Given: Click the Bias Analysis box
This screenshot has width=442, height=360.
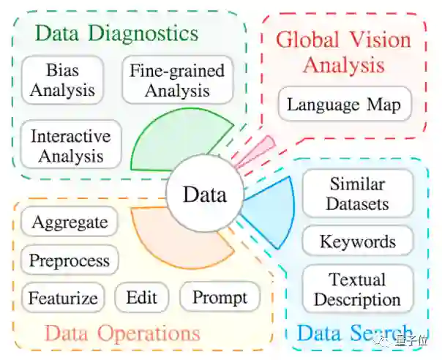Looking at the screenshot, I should (61, 80).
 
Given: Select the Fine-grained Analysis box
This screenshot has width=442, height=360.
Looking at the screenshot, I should (177, 80).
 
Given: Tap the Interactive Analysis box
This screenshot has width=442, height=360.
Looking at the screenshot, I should (71, 146).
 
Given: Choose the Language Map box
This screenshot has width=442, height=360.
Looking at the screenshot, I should (344, 105).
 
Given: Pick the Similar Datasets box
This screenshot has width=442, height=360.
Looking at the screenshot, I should (357, 194).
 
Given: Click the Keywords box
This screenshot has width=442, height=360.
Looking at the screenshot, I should (357, 242).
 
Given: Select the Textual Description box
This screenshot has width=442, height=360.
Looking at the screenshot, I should (357, 289).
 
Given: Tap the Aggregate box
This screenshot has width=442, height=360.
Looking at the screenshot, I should (70, 222).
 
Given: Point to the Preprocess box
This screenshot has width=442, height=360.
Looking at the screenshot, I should (70, 260).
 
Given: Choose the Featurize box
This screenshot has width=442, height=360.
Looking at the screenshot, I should (63, 298).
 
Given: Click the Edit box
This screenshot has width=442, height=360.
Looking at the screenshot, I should (142, 298).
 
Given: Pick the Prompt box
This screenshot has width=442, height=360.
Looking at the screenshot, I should (220, 298).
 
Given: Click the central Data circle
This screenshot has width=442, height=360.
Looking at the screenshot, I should (204, 195).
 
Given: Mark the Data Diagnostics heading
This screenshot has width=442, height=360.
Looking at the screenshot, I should (117, 33).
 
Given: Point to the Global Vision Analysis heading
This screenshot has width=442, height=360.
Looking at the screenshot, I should (343, 51).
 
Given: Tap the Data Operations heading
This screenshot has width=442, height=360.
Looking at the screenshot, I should (122, 334).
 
